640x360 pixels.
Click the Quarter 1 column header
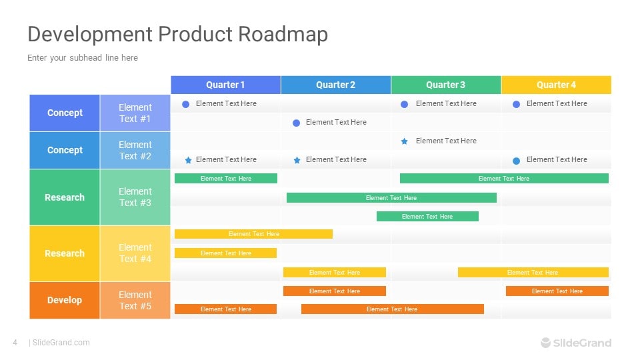coord(225,85)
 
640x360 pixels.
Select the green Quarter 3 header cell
coord(445,85)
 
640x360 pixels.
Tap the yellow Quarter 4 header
coord(556,85)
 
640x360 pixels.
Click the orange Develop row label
coord(65,300)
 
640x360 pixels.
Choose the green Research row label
coord(65,197)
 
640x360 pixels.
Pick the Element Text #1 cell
coord(135,113)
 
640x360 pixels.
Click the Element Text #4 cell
coord(135,253)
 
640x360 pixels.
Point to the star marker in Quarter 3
coord(404,141)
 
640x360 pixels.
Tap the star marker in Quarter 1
coord(188,160)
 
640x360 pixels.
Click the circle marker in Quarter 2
coord(297,123)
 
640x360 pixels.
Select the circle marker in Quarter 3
coord(404,104)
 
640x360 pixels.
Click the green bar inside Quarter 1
coord(225,179)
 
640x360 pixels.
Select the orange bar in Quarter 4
coord(557,291)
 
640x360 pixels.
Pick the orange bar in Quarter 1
coord(225,309)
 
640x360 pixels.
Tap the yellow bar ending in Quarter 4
coord(533,272)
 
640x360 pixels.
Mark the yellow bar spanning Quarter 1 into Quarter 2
coord(253,234)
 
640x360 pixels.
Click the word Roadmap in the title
coord(283,34)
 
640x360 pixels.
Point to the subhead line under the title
coord(83,58)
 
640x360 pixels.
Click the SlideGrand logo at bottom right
coord(575,343)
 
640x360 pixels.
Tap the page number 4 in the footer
coord(15,343)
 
